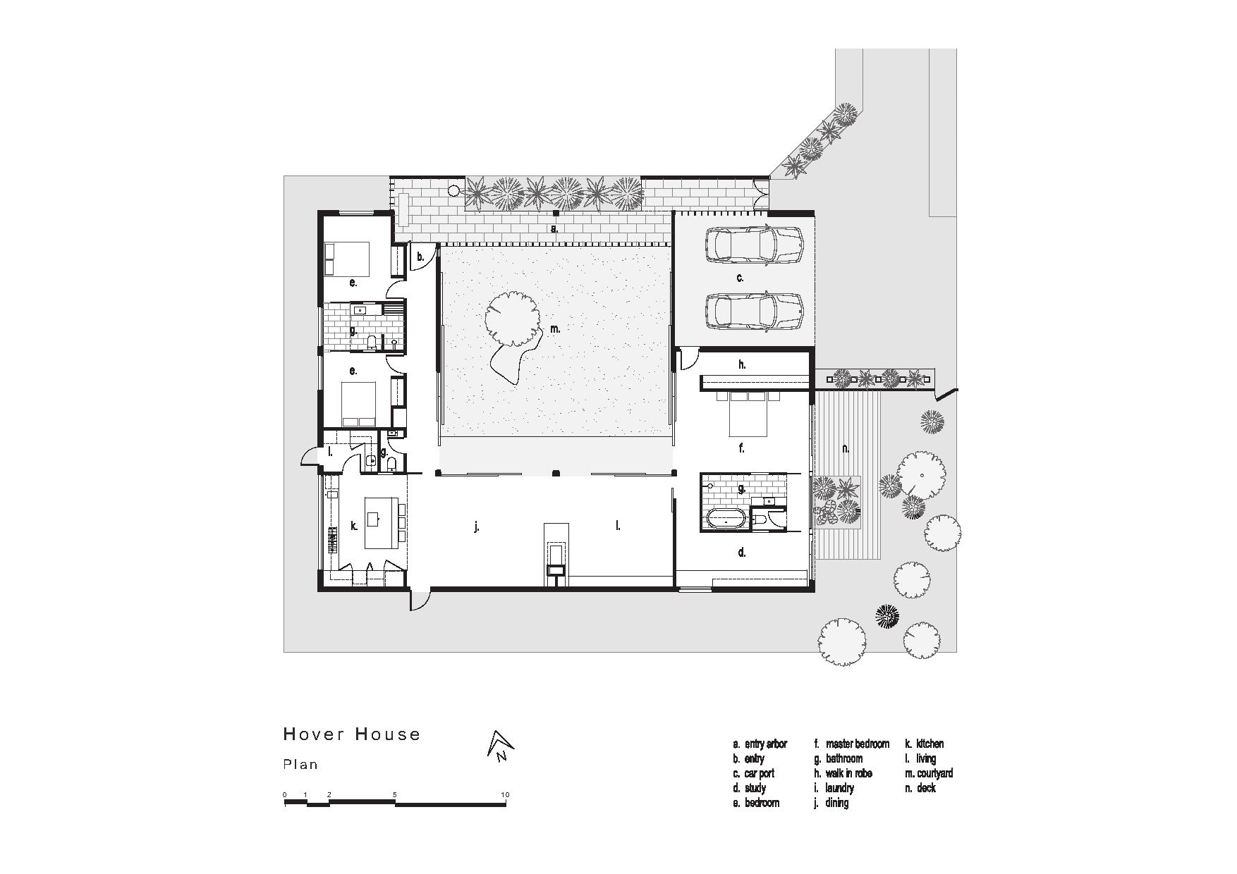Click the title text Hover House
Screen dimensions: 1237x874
coord(351,734)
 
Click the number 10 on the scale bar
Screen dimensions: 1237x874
coord(504,795)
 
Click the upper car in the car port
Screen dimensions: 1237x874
coord(754,244)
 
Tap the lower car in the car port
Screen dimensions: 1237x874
coord(754,311)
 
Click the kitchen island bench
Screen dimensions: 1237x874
coord(381,522)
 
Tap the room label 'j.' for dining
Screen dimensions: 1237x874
coord(477,527)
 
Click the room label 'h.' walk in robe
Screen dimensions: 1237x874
coord(742,364)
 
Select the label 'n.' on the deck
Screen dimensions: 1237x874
coord(846,448)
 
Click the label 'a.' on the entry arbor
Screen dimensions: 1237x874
coord(554,228)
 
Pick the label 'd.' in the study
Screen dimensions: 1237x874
coord(742,553)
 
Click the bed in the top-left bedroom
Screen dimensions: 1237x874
coord(347,259)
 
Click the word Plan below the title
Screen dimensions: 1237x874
coord(300,765)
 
